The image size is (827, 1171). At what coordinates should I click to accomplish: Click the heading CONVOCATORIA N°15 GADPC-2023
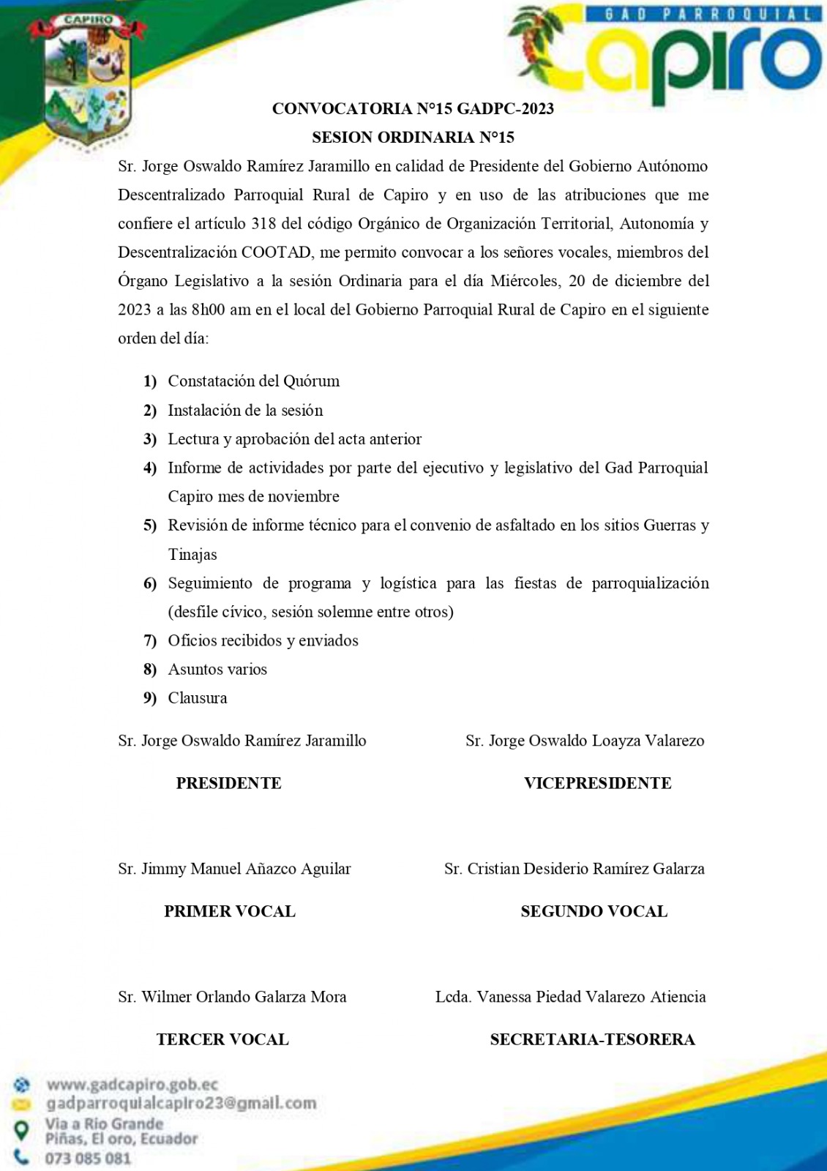(x=413, y=109)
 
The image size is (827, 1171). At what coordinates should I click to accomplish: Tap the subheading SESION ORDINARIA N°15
(x=413, y=138)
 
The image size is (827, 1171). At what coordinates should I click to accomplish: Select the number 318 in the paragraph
(x=263, y=224)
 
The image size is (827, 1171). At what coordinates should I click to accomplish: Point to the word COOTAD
(x=276, y=252)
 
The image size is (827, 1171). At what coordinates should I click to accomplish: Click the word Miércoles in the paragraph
(x=523, y=281)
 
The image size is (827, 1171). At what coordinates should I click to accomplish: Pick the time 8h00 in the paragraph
(x=208, y=310)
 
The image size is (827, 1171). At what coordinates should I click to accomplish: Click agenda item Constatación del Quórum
(x=253, y=381)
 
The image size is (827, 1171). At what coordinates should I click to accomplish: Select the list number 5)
(x=150, y=525)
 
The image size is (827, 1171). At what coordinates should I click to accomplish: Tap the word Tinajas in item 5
(x=192, y=555)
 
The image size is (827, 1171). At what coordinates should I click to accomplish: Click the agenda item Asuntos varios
(x=217, y=670)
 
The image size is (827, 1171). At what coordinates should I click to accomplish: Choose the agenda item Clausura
(x=198, y=698)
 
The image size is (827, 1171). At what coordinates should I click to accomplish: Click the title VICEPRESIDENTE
(x=597, y=783)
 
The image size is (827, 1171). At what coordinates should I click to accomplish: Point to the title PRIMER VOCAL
(x=230, y=911)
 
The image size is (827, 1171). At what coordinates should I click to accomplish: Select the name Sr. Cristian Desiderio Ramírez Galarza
(x=574, y=869)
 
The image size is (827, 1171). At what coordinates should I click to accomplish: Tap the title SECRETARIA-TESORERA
(x=592, y=1039)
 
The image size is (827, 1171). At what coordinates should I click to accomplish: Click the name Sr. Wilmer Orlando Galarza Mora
(x=232, y=997)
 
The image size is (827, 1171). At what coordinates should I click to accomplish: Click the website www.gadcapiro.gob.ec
(x=132, y=1085)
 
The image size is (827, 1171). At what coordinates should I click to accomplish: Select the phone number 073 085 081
(x=88, y=1159)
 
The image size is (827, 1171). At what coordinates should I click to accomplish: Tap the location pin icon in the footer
(x=23, y=1131)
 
